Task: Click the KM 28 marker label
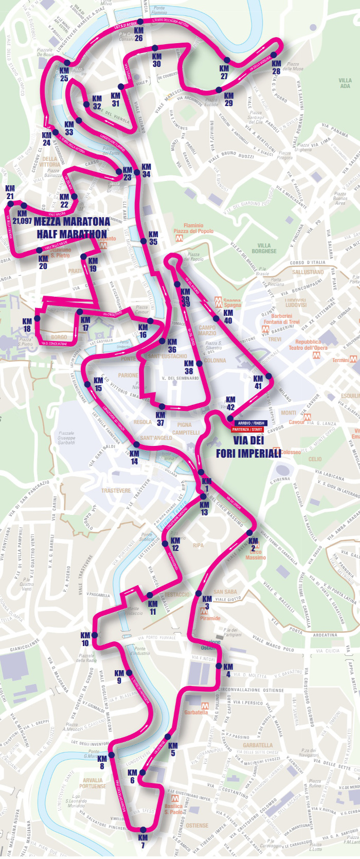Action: [x=276, y=67]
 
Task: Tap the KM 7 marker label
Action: [x=142, y=841]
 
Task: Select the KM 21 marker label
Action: [x=10, y=192]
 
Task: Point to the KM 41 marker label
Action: [x=258, y=382]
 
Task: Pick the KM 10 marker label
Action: [x=85, y=639]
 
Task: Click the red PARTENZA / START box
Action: [x=247, y=429]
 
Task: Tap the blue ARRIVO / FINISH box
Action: [x=251, y=423]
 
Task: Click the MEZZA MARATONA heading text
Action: [x=72, y=222]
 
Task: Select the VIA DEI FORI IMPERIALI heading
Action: [x=248, y=446]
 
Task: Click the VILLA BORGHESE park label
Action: [x=264, y=248]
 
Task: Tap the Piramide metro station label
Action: [x=210, y=618]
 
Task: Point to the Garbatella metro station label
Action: [x=196, y=712]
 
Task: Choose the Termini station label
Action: [x=340, y=360]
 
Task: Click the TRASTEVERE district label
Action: [x=116, y=490]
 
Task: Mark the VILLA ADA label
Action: [x=345, y=83]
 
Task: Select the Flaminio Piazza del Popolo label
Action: [x=193, y=228]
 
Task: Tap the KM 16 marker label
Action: [x=143, y=331]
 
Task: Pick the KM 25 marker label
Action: [x=64, y=75]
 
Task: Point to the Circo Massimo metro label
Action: [x=256, y=554]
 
